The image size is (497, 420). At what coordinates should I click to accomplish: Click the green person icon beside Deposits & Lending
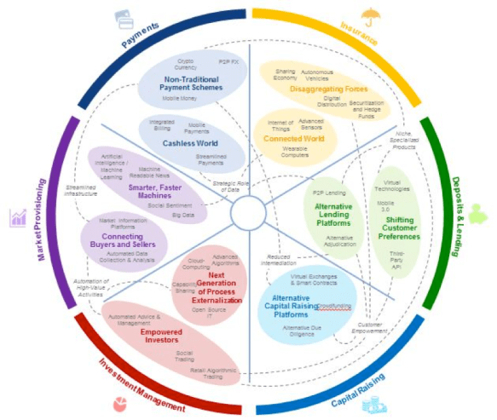[477, 213]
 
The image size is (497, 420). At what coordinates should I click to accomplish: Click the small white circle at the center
[248, 209]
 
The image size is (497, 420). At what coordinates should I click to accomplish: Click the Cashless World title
[188, 144]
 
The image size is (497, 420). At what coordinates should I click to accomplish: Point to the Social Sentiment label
[166, 205]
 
